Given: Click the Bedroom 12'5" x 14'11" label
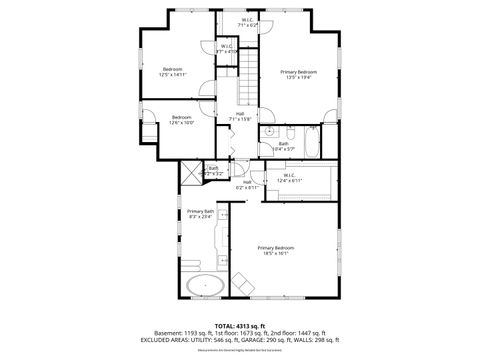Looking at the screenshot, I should coord(172,71).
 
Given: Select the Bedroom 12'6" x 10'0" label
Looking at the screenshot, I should coord(168,120).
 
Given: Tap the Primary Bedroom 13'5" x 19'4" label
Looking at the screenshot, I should coord(299,74).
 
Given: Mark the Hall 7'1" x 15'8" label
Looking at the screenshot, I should coord(241,116).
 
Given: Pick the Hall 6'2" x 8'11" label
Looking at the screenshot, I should coord(247,184).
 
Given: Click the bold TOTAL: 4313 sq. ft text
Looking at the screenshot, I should coord(240,325).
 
